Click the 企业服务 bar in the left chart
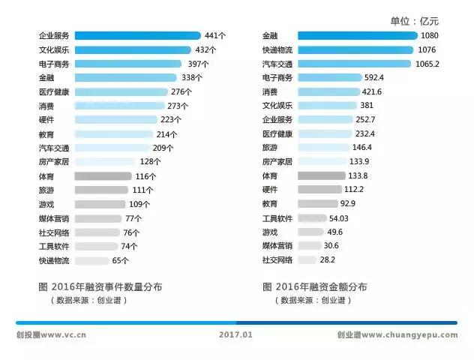137,35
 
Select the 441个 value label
215,35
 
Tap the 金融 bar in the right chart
357,35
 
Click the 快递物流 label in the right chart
277,49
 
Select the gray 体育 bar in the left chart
103,176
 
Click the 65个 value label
120,261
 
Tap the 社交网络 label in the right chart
277,260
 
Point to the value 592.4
372,77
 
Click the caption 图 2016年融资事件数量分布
100,286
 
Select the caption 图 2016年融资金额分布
315,286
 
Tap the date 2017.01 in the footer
236,335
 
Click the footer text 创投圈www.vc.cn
51,335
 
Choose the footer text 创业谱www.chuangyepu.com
397,335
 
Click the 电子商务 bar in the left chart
127,64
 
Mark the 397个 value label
196,64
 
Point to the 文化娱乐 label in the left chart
54,49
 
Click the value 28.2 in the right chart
327,260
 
